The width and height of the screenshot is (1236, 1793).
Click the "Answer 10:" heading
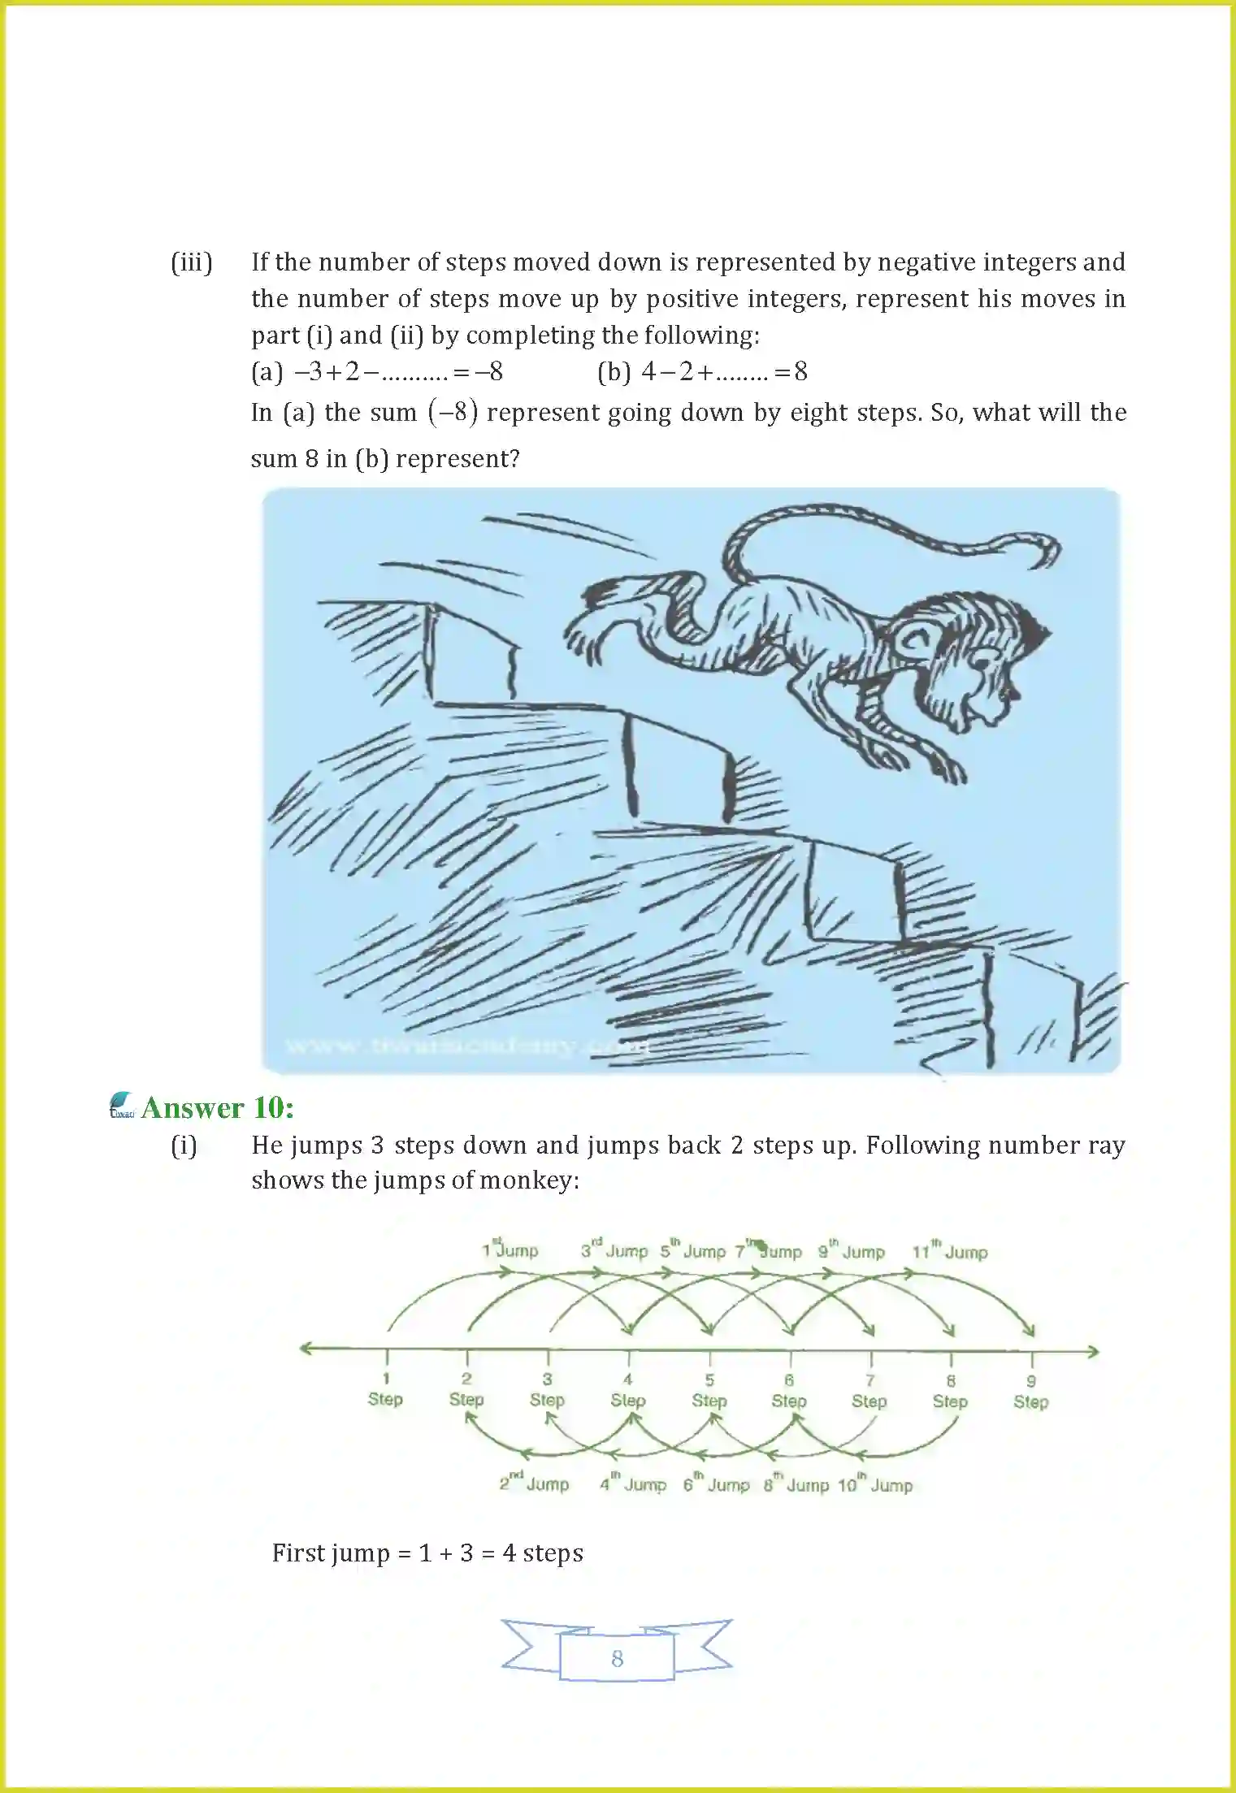217,1108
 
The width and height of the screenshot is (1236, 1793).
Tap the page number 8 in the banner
617,1658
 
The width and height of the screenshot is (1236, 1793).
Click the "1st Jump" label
510,1250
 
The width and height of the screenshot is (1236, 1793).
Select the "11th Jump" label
949,1252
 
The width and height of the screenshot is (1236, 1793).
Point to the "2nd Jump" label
534,1483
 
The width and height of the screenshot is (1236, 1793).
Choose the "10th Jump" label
875,1485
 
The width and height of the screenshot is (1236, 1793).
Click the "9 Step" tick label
1030,1392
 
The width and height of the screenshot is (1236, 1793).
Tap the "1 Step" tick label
385,1389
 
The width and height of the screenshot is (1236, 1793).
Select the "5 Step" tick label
709,1391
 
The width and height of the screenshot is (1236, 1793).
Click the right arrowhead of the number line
1094,1352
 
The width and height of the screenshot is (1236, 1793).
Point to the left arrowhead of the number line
306,1349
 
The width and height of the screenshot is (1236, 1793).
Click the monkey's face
983,682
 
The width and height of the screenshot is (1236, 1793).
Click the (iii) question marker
192,262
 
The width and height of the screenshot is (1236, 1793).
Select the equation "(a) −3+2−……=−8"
377,372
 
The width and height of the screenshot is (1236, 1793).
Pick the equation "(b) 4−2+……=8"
702,372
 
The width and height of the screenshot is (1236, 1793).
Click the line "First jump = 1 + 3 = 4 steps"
427,1553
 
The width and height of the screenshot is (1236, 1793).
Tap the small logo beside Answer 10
122,1107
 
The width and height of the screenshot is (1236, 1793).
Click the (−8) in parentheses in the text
453,413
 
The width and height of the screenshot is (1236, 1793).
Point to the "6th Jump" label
716,1484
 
